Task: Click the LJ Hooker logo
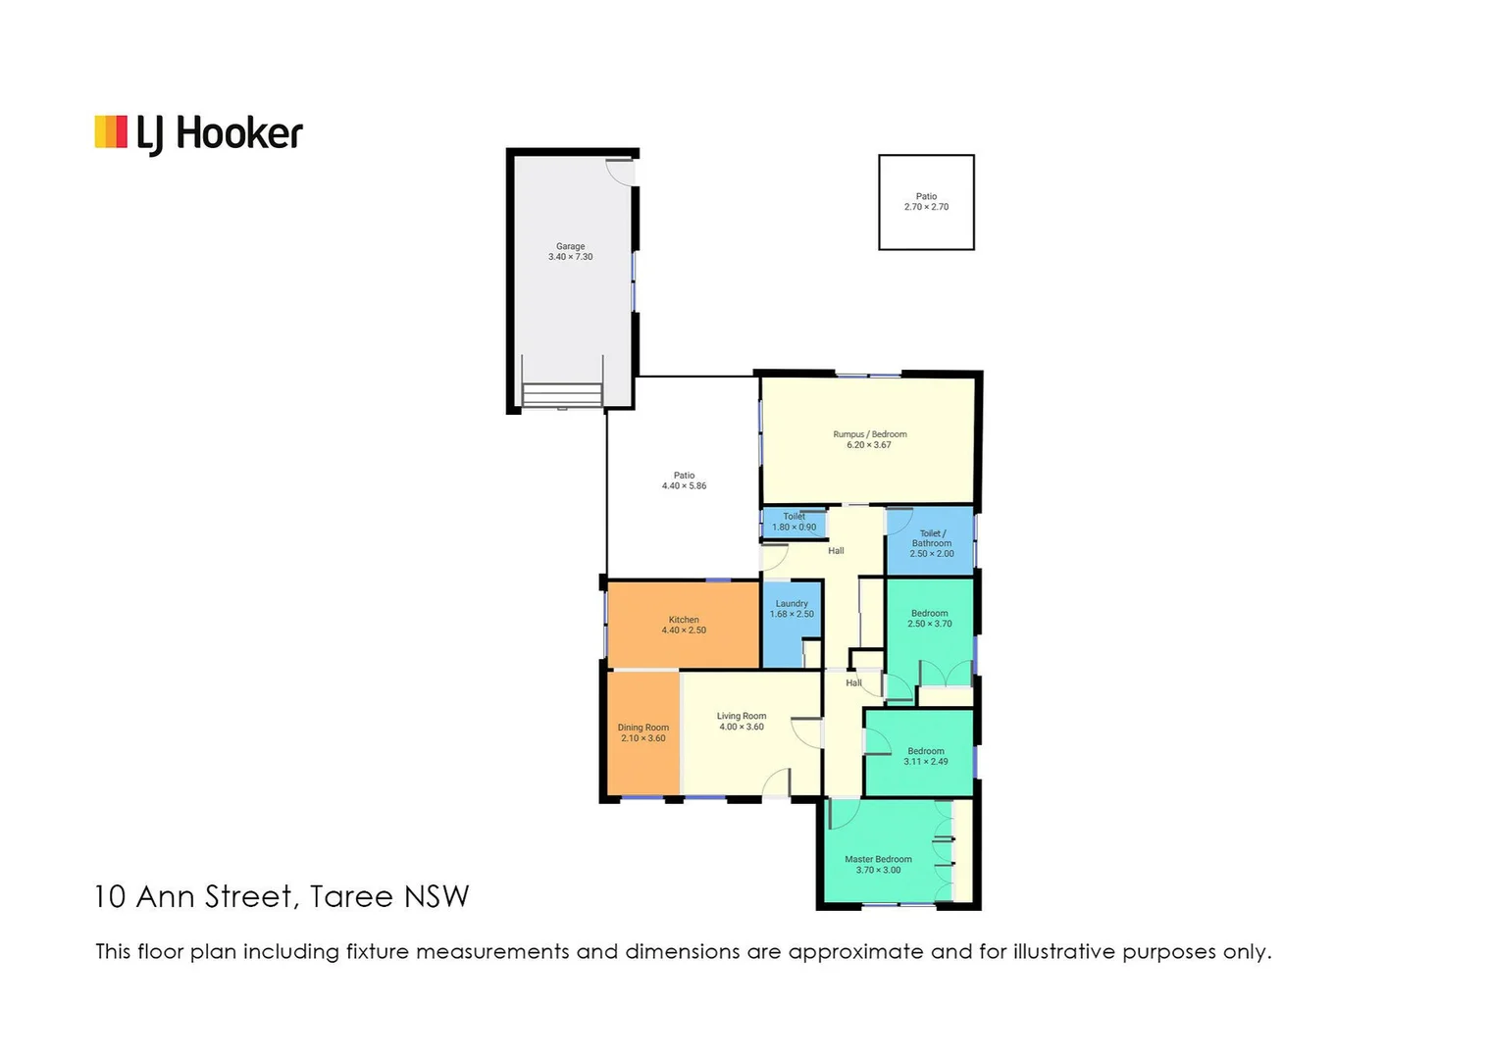point(199,134)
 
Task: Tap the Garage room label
point(570,246)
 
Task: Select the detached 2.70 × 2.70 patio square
point(926,202)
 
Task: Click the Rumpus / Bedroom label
point(870,434)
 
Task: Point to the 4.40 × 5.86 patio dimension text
point(684,486)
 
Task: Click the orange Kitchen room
point(684,625)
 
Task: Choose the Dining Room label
point(643,728)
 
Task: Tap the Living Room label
point(742,716)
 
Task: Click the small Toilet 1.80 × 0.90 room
point(794,523)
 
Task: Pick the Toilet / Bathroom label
point(932,538)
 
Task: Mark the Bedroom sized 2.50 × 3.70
point(929,619)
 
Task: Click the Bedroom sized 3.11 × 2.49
point(925,756)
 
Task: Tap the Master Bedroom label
point(878,859)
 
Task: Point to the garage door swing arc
point(620,172)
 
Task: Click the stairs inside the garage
point(562,394)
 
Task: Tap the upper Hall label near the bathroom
point(836,551)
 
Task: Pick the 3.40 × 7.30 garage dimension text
point(570,257)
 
